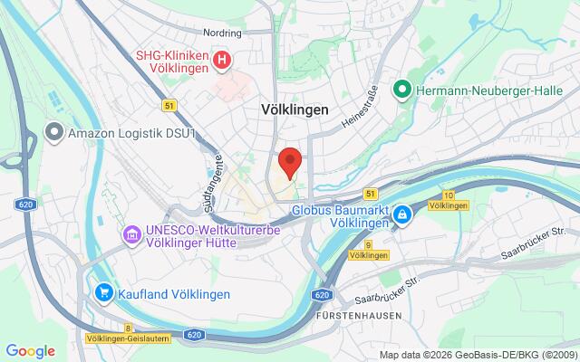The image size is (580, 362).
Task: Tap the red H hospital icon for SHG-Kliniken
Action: click(223, 61)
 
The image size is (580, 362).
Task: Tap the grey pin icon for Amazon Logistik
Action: click(55, 134)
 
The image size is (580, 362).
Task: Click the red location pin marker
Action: click(289, 162)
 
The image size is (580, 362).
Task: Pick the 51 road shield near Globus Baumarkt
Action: click(370, 194)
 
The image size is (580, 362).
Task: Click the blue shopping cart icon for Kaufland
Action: click(104, 294)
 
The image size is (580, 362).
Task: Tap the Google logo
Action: click(30, 351)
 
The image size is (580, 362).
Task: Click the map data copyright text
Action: click(477, 355)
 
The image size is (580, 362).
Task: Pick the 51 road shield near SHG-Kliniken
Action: click(169, 106)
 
